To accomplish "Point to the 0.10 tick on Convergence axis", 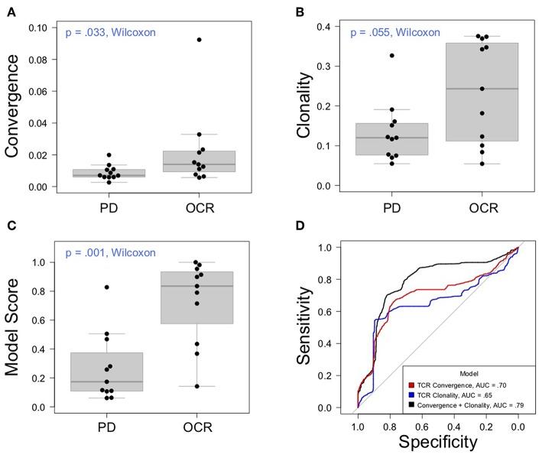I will [x=47, y=28].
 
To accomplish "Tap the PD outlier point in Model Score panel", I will [x=106, y=287].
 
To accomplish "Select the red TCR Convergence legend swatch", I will [x=411, y=385].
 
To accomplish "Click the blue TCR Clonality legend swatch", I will [x=411, y=395].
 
